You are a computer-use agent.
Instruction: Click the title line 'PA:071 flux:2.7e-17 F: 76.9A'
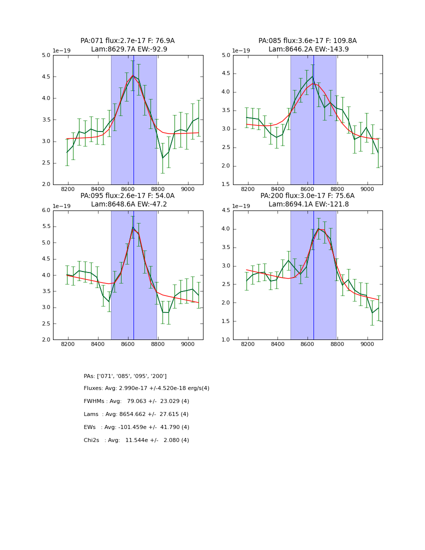(127, 41)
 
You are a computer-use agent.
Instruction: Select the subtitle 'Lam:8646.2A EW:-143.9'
(307, 49)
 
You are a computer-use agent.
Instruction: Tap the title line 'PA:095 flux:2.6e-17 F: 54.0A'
(127, 196)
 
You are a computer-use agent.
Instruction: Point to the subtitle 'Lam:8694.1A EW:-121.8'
(307, 204)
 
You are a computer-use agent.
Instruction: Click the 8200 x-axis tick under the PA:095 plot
(68, 345)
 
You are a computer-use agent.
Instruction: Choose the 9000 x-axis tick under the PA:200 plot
(367, 345)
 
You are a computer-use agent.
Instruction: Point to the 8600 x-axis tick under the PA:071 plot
(128, 190)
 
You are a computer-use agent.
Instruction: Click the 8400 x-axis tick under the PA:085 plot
(277, 190)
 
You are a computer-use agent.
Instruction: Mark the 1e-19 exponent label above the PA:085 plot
(241, 50)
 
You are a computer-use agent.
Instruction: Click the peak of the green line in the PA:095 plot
(133, 227)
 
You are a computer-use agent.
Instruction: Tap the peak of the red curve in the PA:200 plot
(318, 228)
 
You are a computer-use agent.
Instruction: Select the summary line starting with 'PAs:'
(125, 376)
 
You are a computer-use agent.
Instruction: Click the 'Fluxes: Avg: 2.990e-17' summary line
(146, 388)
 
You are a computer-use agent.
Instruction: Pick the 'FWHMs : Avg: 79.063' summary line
(136, 401)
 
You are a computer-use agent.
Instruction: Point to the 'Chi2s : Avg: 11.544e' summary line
(136, 440)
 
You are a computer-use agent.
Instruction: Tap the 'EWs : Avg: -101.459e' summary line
(136, 427)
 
